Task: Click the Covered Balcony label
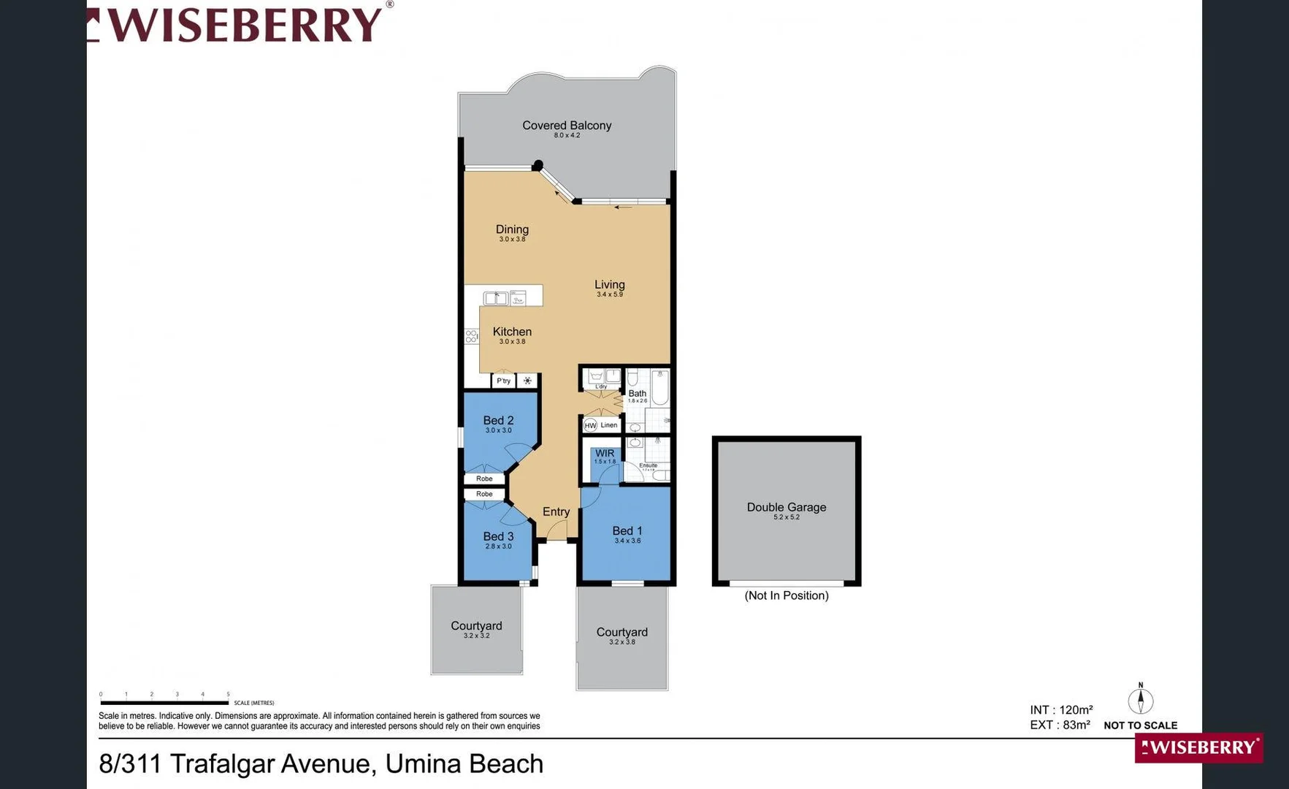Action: [x=567, y=126]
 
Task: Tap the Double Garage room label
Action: [x=786, y=507]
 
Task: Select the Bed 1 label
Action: [x=627, y=531]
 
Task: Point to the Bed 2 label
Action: [x=498, y=420]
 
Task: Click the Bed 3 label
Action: [x=498, y=536]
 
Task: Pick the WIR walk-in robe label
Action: [x=605, y=453]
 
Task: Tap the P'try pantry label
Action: [x=503, y=381]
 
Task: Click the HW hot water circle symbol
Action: [x=590, y=425]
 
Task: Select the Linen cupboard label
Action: [x=609, y=425]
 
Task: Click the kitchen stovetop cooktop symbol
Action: [x=472, y=336]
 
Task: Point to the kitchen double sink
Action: [x=496, y=297]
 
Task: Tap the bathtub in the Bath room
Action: [x=659, y=388]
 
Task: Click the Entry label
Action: [x=556, y=511]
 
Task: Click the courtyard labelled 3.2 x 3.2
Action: [x=476, y=629]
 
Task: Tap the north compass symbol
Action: [x=1140, y=699]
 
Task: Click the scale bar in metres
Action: [x=164, y=702]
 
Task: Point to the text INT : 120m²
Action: [x=1061, y=710]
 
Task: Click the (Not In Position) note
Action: [x=786, y=595]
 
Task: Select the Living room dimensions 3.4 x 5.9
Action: [x=610, y=294]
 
